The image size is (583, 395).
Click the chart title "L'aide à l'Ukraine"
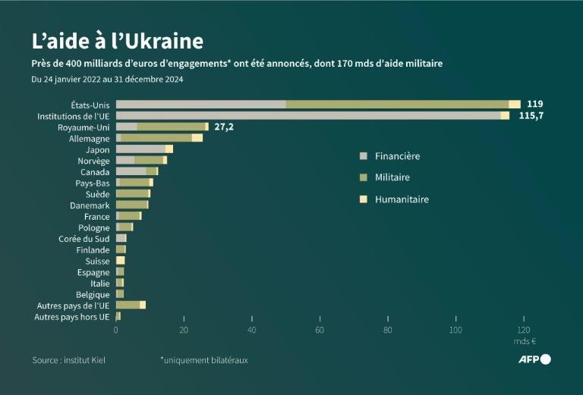point(117,40)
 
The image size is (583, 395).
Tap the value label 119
point(535,104)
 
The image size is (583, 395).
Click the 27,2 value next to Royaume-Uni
point(223,127)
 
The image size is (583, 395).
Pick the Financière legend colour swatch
point(363,156)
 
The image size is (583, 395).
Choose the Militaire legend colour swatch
point(363,177)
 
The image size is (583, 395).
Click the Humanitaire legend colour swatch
point(363,199)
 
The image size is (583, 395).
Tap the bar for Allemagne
point(159,138)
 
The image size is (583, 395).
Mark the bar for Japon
point(144,149)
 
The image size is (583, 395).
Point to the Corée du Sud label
point(84,238)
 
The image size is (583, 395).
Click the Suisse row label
point(97,261)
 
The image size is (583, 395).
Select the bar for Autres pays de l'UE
point(130,305)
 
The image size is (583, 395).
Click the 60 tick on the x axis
point(320,331)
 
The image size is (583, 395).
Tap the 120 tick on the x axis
point(523,331)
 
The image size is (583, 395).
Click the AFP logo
point(535,359)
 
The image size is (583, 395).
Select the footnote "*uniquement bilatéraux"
point(203,359)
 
